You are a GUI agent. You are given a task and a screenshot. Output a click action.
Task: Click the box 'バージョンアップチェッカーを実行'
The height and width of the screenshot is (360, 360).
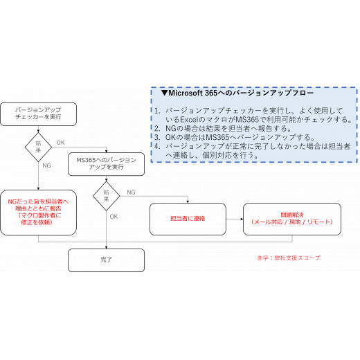coord(38,114)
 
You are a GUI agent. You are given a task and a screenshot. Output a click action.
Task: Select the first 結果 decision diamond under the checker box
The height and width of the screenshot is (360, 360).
coord(38,147)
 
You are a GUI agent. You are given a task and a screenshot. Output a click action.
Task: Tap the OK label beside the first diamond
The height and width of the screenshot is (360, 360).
coord(60,143)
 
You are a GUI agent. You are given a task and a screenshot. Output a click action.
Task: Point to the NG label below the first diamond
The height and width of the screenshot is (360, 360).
coord(46,165)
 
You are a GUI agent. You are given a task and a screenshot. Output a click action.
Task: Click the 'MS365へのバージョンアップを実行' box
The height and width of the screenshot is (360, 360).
coord(106,164)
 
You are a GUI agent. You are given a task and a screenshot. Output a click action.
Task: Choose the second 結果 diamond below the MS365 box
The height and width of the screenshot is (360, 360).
coord(106,196)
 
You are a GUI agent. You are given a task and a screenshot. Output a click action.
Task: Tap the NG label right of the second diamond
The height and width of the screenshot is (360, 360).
coord(131,192)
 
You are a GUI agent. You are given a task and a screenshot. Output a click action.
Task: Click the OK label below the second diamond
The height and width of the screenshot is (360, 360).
coord(114,217)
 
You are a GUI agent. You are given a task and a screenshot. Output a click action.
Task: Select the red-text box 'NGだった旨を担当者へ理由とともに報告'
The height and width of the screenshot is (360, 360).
coord(38,213)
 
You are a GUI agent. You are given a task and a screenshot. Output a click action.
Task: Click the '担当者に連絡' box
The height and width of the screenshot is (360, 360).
coord(188,219)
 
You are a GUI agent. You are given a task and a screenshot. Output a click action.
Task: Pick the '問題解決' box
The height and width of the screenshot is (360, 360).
coord(292,219)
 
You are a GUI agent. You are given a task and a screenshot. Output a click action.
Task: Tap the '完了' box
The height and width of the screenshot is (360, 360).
coord(106,260)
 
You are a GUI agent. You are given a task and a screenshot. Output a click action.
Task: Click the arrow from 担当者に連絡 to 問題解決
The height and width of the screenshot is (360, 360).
coord(235,219)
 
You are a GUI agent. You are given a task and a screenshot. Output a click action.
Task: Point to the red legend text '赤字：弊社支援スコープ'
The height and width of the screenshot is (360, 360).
coord(289,258)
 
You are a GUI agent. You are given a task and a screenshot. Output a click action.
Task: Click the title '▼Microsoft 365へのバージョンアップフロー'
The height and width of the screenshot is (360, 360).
coord(237,93)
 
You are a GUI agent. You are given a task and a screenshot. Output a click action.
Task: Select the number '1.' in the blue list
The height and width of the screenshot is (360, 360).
coord(157,111)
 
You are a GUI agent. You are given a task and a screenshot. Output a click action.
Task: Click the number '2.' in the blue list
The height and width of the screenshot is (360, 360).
coord(157,129)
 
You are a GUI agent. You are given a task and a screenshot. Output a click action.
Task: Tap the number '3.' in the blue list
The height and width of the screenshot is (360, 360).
coord(157,138)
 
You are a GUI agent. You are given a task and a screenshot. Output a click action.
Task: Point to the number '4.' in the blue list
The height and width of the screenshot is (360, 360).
coord(157,146)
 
